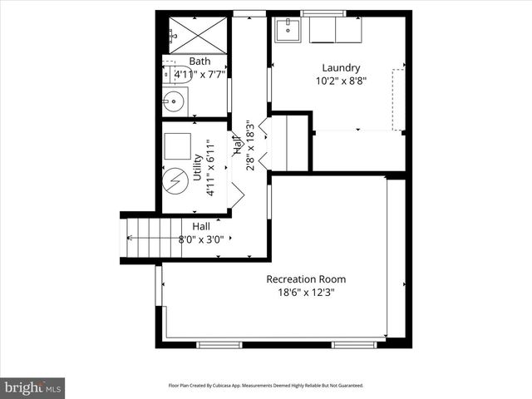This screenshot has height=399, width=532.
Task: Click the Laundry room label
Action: (341, 67)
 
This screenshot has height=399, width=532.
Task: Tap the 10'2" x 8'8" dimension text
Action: (341, 81)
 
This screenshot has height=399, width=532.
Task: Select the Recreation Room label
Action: (306, 279)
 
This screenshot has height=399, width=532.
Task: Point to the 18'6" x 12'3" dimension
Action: (306, 292)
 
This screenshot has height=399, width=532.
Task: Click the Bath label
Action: (199, 62)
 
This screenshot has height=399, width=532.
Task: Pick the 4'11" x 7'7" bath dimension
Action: (199, 73)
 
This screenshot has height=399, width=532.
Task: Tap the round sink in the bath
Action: (175, 103)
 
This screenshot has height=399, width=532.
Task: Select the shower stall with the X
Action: (197, 34)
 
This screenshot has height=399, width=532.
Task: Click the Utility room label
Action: (198, 167)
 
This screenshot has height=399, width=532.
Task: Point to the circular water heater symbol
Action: (176, 180)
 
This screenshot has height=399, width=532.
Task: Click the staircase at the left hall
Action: (139, 239)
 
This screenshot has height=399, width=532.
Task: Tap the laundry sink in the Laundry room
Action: (287, 31)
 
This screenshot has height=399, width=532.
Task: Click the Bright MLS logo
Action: (33, 387)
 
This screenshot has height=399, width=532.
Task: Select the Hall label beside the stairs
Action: (201, 226)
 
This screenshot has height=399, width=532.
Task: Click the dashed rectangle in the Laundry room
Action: (398, 100)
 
